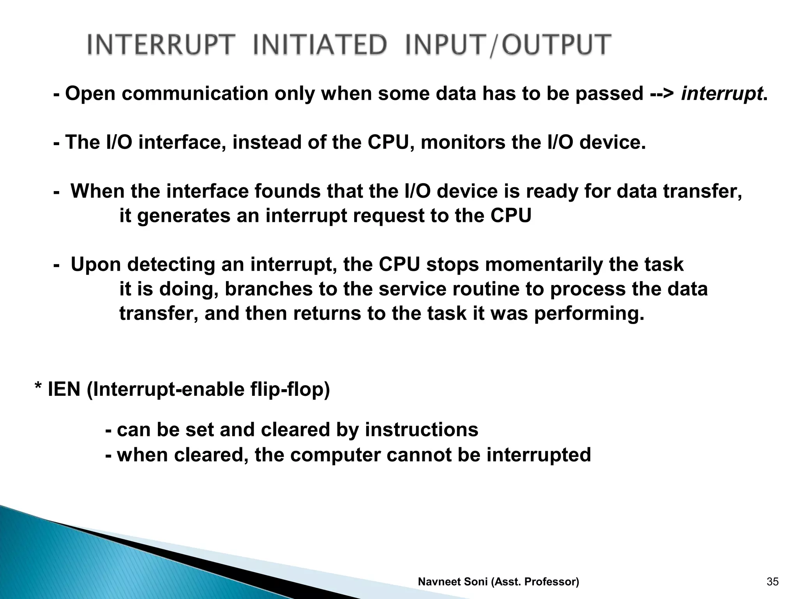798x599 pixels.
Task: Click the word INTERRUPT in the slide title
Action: (x=162, y=44)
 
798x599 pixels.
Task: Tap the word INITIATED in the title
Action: (x=320, y=44)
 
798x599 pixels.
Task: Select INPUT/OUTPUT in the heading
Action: (x=507, y=44)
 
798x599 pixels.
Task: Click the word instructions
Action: (x=421, y=430)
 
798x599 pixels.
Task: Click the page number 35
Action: (x=772, y=582)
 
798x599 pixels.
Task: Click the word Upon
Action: (x=98, y=265)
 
